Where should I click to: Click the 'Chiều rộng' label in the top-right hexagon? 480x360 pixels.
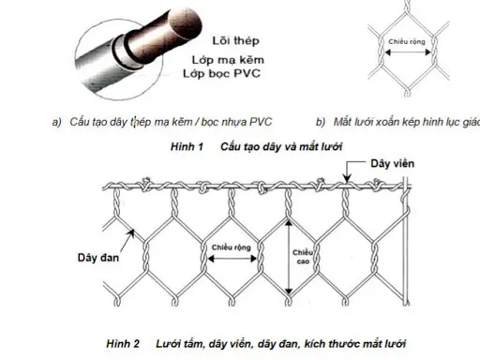[407, 43]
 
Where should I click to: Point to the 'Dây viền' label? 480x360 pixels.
[394, 164]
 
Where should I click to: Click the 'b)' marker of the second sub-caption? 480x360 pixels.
[321, 123]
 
